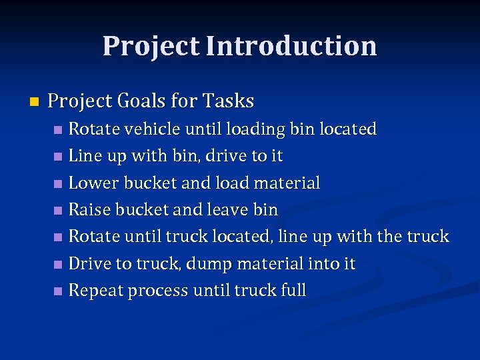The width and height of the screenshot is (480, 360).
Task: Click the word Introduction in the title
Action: point(291,46)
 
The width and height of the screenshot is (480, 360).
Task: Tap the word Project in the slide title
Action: point(151,46)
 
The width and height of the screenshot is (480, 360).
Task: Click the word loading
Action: point(256,129)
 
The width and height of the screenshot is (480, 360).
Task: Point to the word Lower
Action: point(91,183)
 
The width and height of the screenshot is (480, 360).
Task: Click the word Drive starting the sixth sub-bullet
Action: point(89,264)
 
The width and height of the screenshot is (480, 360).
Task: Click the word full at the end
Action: point(293,291)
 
